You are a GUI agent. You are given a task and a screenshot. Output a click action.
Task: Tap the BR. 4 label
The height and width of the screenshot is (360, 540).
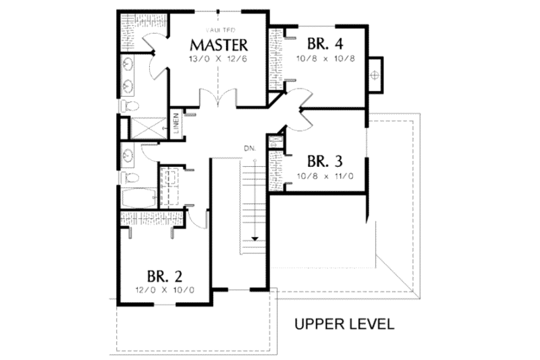pyautogui.click(x=325, y=45)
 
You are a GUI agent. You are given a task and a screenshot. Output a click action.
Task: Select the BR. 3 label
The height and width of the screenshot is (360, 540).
pyautogui.click(x=325, y=162)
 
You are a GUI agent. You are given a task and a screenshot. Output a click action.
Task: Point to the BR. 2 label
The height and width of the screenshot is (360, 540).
pyautogui.click(x=165, y=277)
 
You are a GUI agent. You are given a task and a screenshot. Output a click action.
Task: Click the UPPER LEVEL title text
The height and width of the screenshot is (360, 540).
pyautogui.click(x=344, y=324)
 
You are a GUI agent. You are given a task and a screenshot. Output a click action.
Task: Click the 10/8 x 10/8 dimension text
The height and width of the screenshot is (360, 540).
pyautogui.click(x=325, y=59)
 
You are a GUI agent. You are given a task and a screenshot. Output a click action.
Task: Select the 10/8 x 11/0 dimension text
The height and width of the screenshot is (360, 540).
pyautogui.click(x=325, y=177)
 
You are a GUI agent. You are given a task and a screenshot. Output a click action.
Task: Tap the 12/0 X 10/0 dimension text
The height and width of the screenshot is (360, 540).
pyautogui.click(x=165, y=291)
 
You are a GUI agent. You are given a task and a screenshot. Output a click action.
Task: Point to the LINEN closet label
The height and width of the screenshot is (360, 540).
pyautogui.click(x=175, y=124)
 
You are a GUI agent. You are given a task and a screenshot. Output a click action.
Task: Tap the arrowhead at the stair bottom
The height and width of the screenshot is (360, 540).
pyautogui.click(x=256, y=238)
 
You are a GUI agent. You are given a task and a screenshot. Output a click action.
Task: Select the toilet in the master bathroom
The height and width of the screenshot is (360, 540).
pyautogui.click(x=128, y=106)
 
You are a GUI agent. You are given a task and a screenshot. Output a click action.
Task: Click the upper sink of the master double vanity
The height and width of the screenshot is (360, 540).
pyautogui.click(x=128, y=65)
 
